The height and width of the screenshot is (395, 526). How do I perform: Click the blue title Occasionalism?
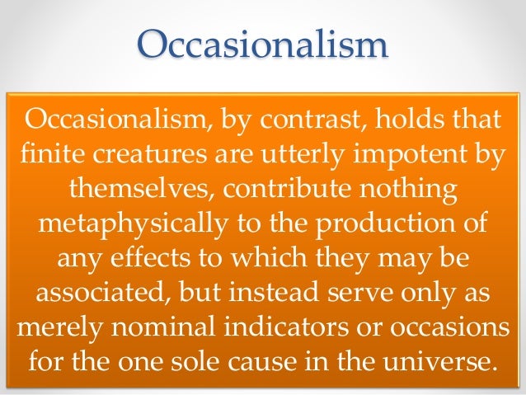[262, 44]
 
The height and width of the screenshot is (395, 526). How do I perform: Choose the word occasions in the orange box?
[458, 329]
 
